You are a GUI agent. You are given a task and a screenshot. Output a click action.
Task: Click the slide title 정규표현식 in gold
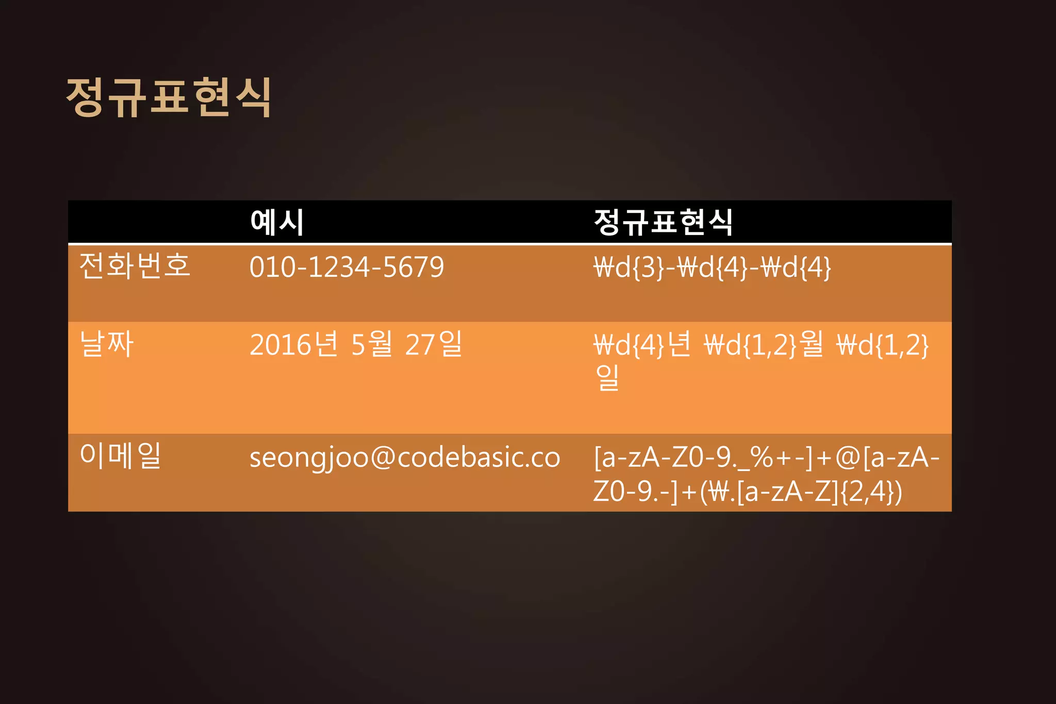coord(169,97)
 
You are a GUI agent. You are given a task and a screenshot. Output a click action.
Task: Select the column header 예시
coord(277,223)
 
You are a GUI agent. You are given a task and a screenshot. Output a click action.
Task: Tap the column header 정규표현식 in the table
coord(663,223)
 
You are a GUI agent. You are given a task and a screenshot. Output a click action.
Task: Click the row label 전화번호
coord(135,266)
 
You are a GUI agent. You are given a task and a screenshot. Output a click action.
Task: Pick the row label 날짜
coord(107,344)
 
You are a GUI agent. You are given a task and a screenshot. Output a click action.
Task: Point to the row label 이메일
coord(121,456)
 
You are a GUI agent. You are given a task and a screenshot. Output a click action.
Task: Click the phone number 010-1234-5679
coord(346,267)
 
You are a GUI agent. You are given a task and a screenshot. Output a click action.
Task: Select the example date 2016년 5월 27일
coord(356,344)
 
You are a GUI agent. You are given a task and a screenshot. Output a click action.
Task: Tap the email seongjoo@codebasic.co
coord(405,458)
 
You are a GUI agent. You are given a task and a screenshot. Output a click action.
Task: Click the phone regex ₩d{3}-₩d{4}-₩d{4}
coord(712,267)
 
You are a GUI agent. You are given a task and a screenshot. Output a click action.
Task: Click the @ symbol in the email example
coord(382,458)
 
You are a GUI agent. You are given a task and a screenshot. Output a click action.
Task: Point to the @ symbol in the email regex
coord(848,458)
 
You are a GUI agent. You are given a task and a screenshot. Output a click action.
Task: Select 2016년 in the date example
coord(294,344)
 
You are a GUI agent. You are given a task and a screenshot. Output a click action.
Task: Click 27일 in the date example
coord(433,344)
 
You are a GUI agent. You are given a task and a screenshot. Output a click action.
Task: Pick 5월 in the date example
coord(371,344)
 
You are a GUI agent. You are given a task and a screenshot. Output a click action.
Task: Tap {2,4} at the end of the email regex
coord(870,491)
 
